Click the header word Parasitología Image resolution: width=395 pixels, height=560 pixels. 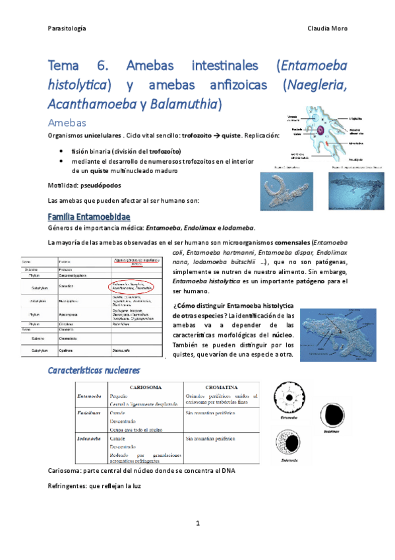tap(68, 28)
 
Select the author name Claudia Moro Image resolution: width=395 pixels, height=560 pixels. tap(327, 28)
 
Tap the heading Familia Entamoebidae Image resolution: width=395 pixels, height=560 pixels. tap(89, 217)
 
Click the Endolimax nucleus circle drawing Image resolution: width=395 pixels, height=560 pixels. tap(332, 410)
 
